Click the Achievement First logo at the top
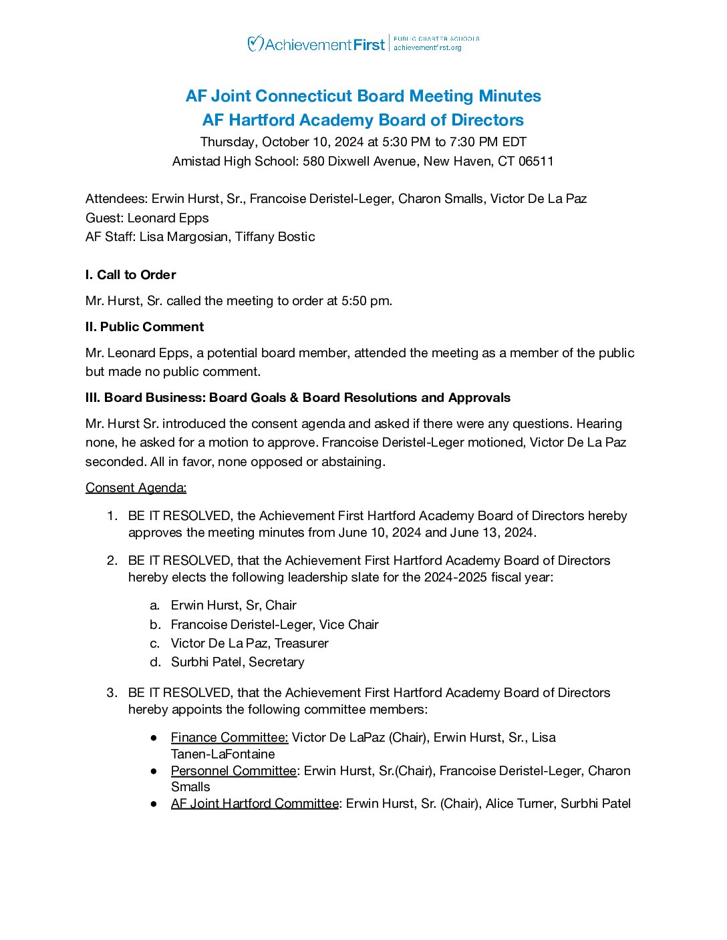[316, 44]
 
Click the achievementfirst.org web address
[428, 48]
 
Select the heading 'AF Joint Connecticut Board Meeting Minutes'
[363, 96]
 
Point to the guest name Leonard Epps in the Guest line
[168, 218]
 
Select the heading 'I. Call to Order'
[131, 274]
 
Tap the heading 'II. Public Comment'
[145, 326]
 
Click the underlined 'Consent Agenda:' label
[136, 487]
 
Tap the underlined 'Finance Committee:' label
[229, 737]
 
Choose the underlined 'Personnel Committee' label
[233, 770]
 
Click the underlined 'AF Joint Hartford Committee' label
[255, 803]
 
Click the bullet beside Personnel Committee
[154, 770]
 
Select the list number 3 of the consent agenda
[112, 692]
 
